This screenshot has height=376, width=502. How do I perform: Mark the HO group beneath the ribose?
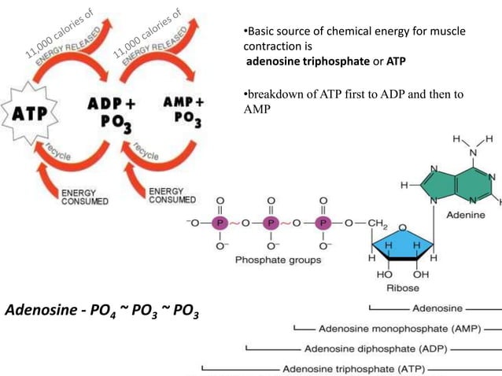385,275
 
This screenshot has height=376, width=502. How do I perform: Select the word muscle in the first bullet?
448,31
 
